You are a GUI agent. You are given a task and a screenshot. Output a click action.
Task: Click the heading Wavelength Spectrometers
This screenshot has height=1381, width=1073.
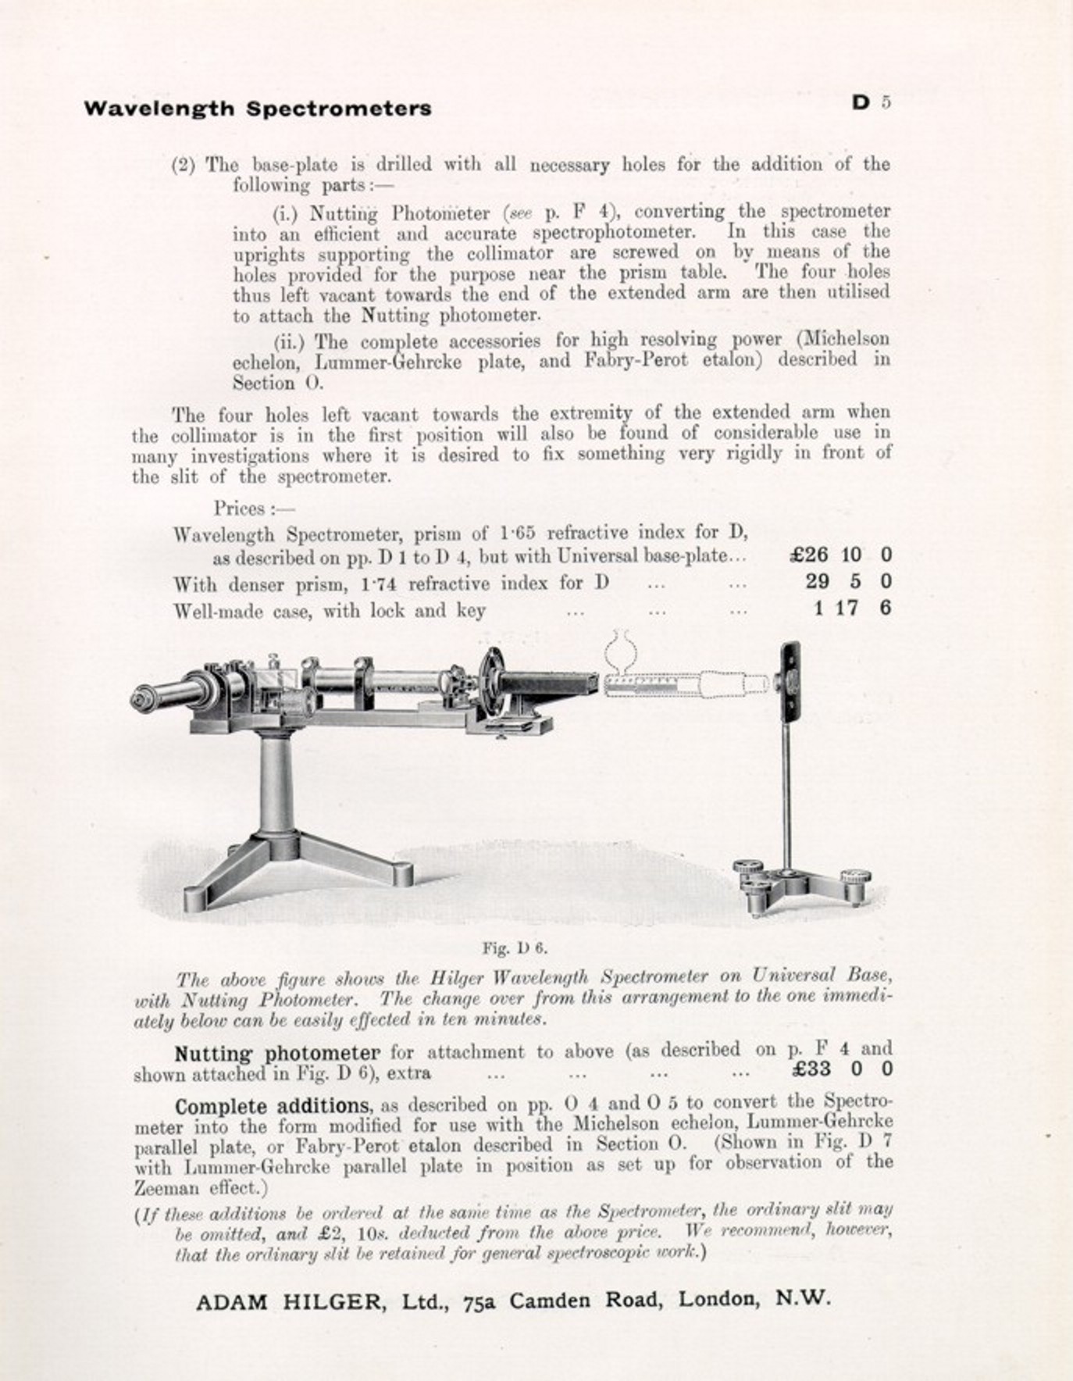click(257, 109)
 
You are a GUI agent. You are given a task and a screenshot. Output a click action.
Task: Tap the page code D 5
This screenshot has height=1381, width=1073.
click(871, 102)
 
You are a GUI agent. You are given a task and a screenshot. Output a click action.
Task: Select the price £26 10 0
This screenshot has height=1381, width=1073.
click(840, 555)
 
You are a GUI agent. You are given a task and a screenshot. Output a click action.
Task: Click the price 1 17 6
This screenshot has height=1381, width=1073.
click(852, 608)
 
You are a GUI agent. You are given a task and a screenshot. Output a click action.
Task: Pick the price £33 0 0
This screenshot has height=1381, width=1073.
click(842, 1069)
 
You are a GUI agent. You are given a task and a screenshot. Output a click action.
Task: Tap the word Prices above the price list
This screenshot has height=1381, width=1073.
click(240, 509)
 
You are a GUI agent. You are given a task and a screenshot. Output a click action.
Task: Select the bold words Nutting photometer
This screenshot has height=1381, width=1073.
click(277, 1054)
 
